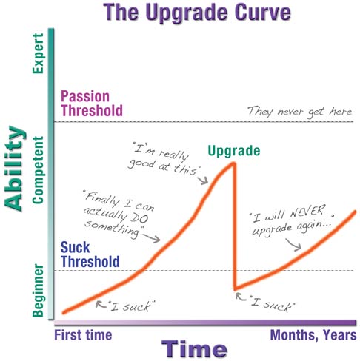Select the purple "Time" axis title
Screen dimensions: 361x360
pyautogui.click(x=196, y=348)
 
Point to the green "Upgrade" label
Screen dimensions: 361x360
pyautogui.click(x=234, y=151)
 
